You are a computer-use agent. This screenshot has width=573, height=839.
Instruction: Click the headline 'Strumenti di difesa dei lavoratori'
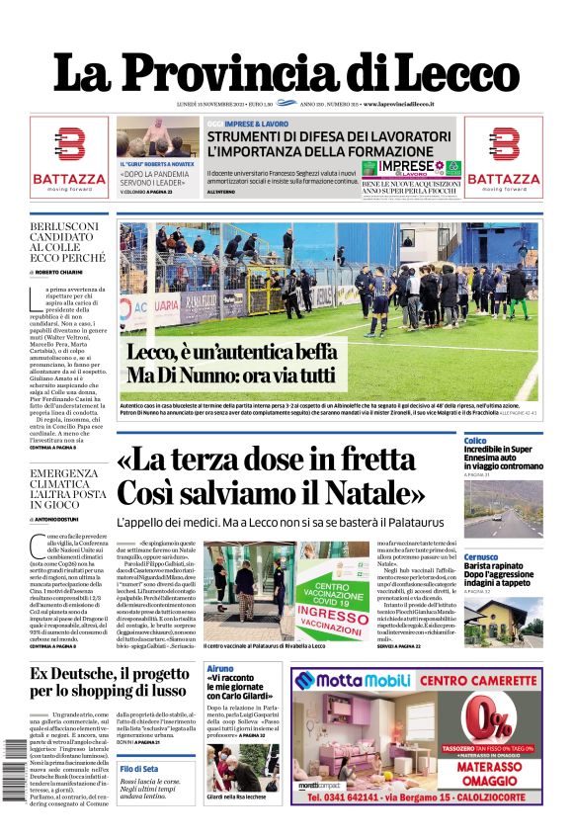(330, 136)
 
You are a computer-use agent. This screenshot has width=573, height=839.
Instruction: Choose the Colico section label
(475, 441)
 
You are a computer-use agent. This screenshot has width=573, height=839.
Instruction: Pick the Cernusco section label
(481, 556)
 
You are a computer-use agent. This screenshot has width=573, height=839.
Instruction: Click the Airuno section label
(220, 669)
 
